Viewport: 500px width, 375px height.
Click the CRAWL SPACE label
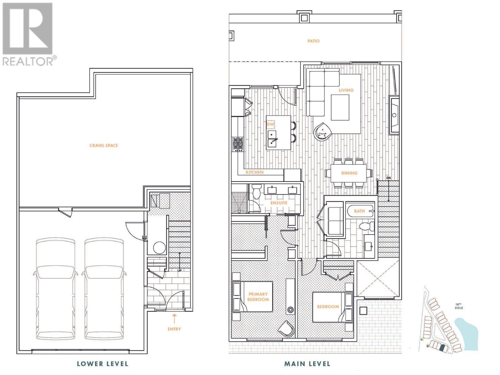[104, 145]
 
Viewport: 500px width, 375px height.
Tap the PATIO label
[313, 41]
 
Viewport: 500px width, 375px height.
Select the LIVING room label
[346, 90]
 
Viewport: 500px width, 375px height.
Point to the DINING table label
[349, 173]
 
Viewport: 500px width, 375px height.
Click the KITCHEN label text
[254, 172]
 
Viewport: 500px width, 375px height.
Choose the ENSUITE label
[279, 202]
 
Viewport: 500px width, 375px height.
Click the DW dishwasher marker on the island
[270, 124]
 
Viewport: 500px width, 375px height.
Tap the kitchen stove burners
[237, 144]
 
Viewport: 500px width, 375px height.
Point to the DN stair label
[388, 177]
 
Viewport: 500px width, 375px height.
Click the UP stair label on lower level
[179, 270]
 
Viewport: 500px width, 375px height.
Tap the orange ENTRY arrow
[174, 318]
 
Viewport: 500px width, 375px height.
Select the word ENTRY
[174, 329]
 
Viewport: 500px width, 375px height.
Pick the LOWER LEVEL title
[102, 364]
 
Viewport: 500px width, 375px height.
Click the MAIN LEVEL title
[307, 364]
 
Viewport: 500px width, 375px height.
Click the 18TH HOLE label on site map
[459, 306]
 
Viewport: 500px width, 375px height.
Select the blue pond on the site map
[466, 333]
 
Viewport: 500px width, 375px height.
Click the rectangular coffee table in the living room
[340, 107]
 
